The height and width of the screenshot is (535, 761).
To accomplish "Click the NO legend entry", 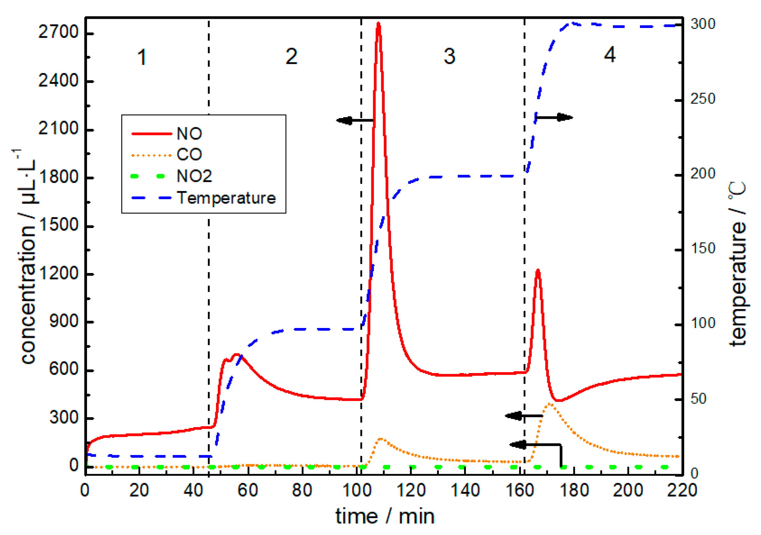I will (189, 133).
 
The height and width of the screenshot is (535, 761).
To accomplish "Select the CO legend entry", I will (189, 154).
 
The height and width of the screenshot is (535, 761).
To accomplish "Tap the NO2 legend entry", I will (194, 176).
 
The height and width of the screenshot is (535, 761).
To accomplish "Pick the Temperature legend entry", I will (226, 198).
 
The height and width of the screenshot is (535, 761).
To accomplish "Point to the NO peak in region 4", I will (538, 271).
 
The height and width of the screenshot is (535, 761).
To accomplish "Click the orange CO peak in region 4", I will (549, 404).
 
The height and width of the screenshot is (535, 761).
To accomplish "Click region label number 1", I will (142, 57).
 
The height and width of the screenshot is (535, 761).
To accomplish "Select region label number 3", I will (449, 56).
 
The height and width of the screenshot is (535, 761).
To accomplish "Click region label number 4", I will (609, 55).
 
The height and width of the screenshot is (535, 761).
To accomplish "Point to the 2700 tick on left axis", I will (58, 32).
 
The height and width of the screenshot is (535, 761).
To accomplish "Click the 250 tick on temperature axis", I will (702, 99).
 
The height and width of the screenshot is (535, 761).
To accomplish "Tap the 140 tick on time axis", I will (465, 490).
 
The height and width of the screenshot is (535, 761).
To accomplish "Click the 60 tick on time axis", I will (248, 490).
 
